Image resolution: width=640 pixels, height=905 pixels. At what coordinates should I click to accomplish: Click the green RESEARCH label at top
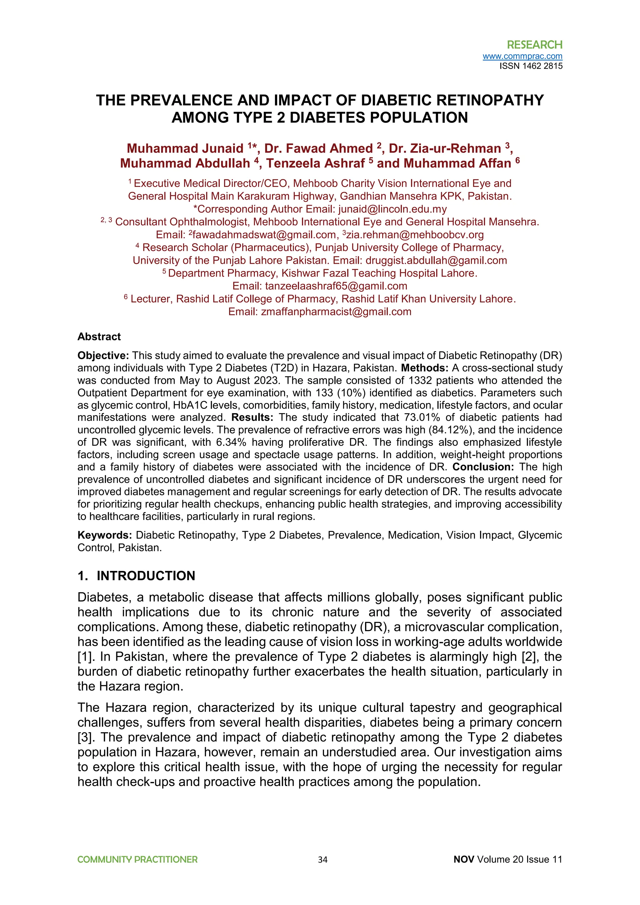(534, 45)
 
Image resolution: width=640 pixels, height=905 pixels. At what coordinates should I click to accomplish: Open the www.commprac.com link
(522, 56)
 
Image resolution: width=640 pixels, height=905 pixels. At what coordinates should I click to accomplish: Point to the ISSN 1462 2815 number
(531, 66)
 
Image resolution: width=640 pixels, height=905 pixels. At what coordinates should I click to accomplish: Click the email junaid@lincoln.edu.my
(392, 209)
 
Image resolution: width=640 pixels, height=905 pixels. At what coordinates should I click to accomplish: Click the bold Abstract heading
(99, 336)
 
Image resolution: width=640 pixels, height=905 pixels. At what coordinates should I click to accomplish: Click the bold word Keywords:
(104, 535)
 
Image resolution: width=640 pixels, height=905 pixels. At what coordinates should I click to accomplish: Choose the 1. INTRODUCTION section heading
(136, 576)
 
